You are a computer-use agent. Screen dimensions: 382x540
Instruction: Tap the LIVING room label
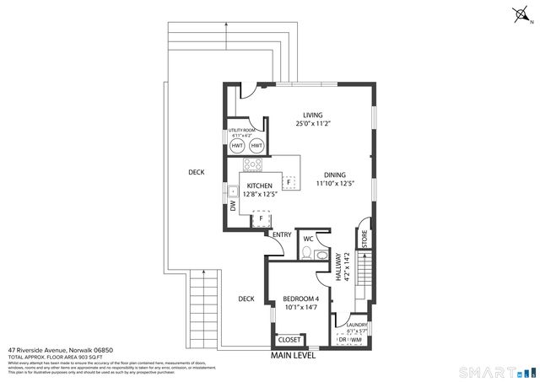point(314,115)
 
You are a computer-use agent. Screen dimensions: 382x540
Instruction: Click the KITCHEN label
point(260,187)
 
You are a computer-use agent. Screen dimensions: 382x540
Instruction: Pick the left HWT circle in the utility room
point(237,146)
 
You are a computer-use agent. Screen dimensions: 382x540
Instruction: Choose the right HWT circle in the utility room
point(256,146)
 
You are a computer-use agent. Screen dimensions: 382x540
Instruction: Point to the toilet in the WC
point(308,252)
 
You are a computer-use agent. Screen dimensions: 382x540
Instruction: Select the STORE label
point(364,238)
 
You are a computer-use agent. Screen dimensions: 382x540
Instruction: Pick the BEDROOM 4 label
point(300,299)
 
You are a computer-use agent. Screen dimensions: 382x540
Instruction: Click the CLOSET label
point(289,340)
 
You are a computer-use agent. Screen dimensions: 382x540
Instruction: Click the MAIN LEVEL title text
point(293,355)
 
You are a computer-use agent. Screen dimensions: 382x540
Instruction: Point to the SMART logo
point(493,372)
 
